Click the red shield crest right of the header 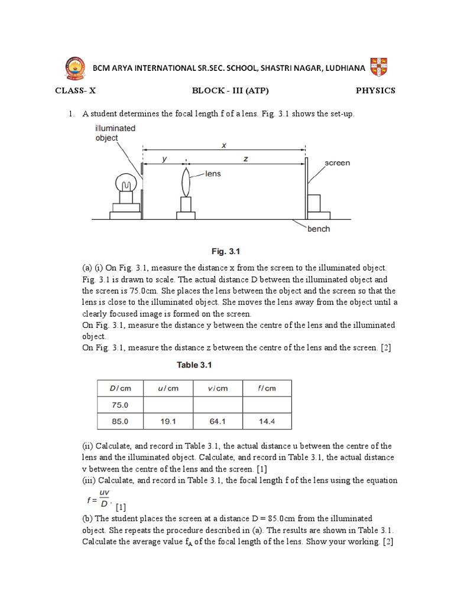tap(378, 67)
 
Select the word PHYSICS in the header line tap(375, 90)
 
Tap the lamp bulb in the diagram tap(125, 182)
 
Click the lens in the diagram tap(186, 182)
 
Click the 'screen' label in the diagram tap(338, 162)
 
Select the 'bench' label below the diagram tap(319, 229)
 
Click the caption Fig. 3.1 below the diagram tap(226, 251)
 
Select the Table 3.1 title tap(194, 365)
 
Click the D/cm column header tap(119, 388)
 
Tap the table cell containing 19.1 tap(168, 421)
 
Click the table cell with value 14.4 tap(267, 421)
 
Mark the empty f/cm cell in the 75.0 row tap(267, 405)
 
